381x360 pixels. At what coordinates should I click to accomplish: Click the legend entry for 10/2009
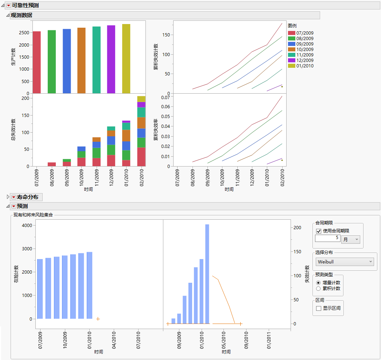point(304,50)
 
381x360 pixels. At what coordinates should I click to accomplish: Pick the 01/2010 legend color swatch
point(291,66)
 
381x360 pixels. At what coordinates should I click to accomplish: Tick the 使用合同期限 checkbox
point(319,231)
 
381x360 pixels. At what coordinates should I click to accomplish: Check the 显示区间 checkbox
point(319,308)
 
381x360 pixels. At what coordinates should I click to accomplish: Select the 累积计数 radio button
point(319,289)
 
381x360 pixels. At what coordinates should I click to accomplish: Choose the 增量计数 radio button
point(319,283)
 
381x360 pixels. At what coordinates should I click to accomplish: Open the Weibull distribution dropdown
point(345,262)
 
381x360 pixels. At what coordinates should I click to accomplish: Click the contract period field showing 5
point(327,238)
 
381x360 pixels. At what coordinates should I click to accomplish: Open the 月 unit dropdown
point(350,239)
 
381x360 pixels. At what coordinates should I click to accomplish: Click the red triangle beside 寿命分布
point(13,197)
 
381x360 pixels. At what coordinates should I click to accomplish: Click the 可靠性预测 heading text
point(25,5)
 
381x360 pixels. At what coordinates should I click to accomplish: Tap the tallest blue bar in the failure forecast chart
point(207,273)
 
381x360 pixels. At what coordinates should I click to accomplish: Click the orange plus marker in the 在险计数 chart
point(98,319)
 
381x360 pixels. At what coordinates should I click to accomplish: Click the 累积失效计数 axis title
point(156,57)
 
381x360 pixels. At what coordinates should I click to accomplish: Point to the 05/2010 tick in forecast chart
point(224,339)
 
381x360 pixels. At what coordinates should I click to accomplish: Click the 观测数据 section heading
point(21,15)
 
